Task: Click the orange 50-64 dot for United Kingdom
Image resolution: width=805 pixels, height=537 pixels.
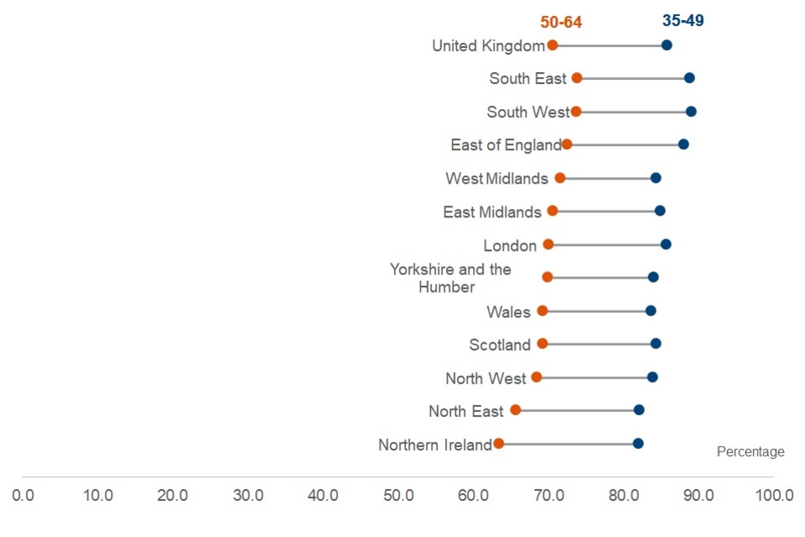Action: (552, 45)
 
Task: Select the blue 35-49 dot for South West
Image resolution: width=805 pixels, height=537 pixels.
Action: (691, 112)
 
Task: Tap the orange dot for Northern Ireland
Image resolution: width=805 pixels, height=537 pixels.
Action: (499, 443)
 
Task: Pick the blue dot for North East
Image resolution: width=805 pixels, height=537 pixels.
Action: (639, 409)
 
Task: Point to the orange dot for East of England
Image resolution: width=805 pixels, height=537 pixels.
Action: (567, 144)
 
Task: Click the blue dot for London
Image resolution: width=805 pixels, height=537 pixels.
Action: (666, 244)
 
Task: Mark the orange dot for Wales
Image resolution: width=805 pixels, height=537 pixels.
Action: (543, 310)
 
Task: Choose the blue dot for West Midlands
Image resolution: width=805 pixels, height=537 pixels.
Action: (656, 178)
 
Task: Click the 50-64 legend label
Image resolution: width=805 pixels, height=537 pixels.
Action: (561, 23)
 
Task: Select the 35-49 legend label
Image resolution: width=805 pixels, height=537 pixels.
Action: (683, 21)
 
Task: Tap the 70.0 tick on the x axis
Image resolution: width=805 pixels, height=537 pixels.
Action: (548, 495)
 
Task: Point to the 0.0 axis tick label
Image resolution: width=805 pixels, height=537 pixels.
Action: (23, 495)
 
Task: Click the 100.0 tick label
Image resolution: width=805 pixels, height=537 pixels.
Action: (774, 495)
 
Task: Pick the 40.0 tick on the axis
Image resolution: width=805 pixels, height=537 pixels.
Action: (323, 495)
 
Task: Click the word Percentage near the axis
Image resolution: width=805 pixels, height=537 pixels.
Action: (750, 452)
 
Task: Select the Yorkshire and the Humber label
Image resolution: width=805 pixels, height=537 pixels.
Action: (450, 278)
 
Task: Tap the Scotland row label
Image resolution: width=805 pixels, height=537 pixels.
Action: (500, 345)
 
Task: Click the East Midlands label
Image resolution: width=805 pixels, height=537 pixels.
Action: (492, 212)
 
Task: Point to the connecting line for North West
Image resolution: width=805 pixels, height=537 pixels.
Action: (594, 377)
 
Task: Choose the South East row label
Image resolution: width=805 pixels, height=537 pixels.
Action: (528, 79)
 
